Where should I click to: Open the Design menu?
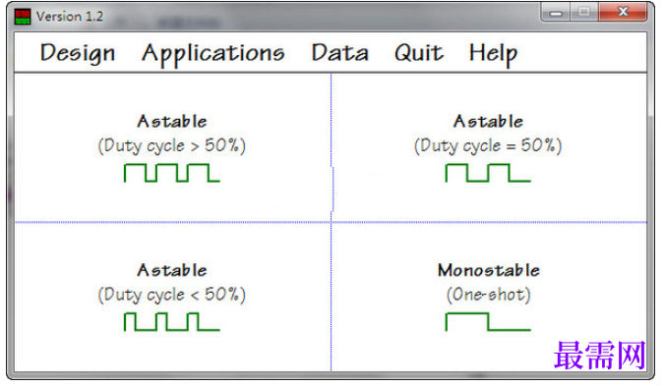pos(78,54)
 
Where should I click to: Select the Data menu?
pos(340,53)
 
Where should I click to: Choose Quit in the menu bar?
pos(419,53)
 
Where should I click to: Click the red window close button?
pos(623,12)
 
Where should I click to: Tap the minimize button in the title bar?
pos(556,12)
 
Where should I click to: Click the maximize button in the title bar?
pos(584,12)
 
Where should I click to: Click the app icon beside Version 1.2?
pos(23,17)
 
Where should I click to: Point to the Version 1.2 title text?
pos(70,17)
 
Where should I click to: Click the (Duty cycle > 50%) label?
pos(172,146)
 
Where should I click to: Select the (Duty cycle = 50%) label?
pos(488,146)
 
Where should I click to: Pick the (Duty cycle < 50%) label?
pos(172,295)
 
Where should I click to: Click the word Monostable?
pos(489,270)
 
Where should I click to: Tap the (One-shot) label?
pos(488,295)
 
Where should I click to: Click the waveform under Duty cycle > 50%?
pos(172,173)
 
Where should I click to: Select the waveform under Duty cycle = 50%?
pos(488,173)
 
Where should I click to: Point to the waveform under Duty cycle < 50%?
pos(172,322)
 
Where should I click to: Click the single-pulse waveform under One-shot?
pos(488,322)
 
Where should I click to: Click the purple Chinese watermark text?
pos(600,356)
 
